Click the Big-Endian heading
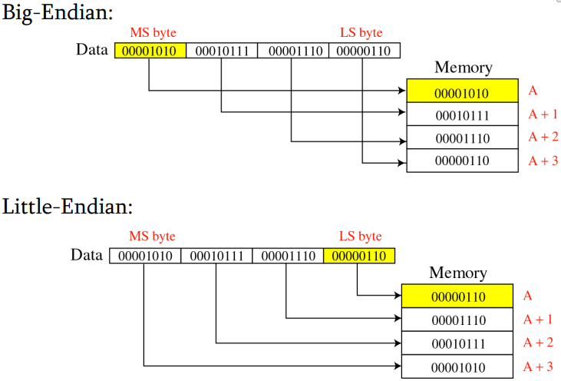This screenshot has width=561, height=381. [x=58, y=14]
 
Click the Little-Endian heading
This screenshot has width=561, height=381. [x=68, y=207]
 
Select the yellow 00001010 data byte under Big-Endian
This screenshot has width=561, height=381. [x=150, y=51]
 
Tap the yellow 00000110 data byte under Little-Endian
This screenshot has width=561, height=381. [x=359, y=256]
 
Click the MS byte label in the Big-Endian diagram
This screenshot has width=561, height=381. [x=153, y=32]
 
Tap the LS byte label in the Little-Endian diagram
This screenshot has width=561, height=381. [x=360, y=237]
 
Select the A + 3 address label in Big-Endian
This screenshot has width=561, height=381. [x=543, y=161]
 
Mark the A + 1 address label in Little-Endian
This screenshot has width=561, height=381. [x=538, y=319]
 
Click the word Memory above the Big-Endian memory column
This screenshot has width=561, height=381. [x=463, y=68]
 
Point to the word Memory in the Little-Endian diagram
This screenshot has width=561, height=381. [x=457, y=273]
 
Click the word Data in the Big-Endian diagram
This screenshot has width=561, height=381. [x=92, y=50]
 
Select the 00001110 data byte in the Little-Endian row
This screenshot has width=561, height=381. [x=288, y=256]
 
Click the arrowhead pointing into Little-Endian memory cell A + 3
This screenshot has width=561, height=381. [x=397, y=366]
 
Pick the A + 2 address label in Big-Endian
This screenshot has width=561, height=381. [x=543, y=137]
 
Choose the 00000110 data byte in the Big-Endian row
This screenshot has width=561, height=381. [x=364, y=51]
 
